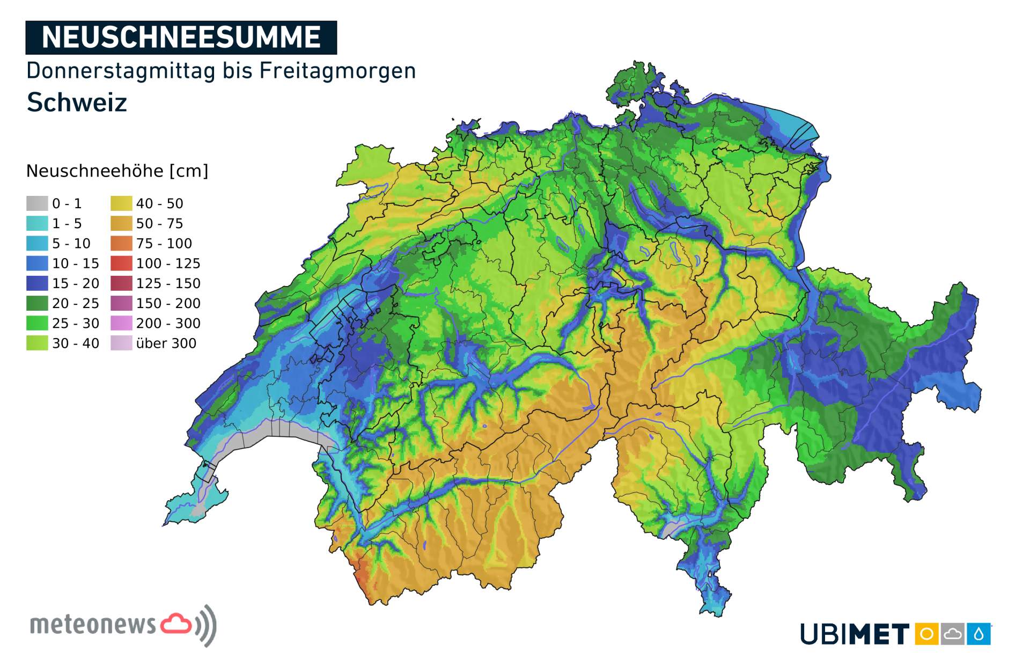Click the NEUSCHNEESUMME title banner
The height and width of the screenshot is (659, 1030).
181,38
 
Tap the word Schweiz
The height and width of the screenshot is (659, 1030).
77,102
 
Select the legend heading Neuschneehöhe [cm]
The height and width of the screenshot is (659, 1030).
117,171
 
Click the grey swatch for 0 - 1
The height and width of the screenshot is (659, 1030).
37,203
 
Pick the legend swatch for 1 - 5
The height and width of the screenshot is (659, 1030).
37,223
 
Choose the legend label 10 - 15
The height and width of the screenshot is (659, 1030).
76,263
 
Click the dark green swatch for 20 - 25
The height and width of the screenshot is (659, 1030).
37,303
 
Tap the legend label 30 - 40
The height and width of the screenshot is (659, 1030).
76,343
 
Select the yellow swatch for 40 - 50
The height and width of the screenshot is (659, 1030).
121,203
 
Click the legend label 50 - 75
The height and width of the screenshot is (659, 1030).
159,223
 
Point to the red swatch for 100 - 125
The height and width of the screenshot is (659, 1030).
121,263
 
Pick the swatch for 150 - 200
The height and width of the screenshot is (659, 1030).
121,303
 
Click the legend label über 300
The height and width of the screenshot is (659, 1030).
166,343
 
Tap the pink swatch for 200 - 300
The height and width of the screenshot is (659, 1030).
121,323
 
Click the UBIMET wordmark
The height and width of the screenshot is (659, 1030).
855,634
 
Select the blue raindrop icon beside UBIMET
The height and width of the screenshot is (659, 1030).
979,634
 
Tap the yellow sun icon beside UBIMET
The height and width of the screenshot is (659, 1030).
926,634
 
